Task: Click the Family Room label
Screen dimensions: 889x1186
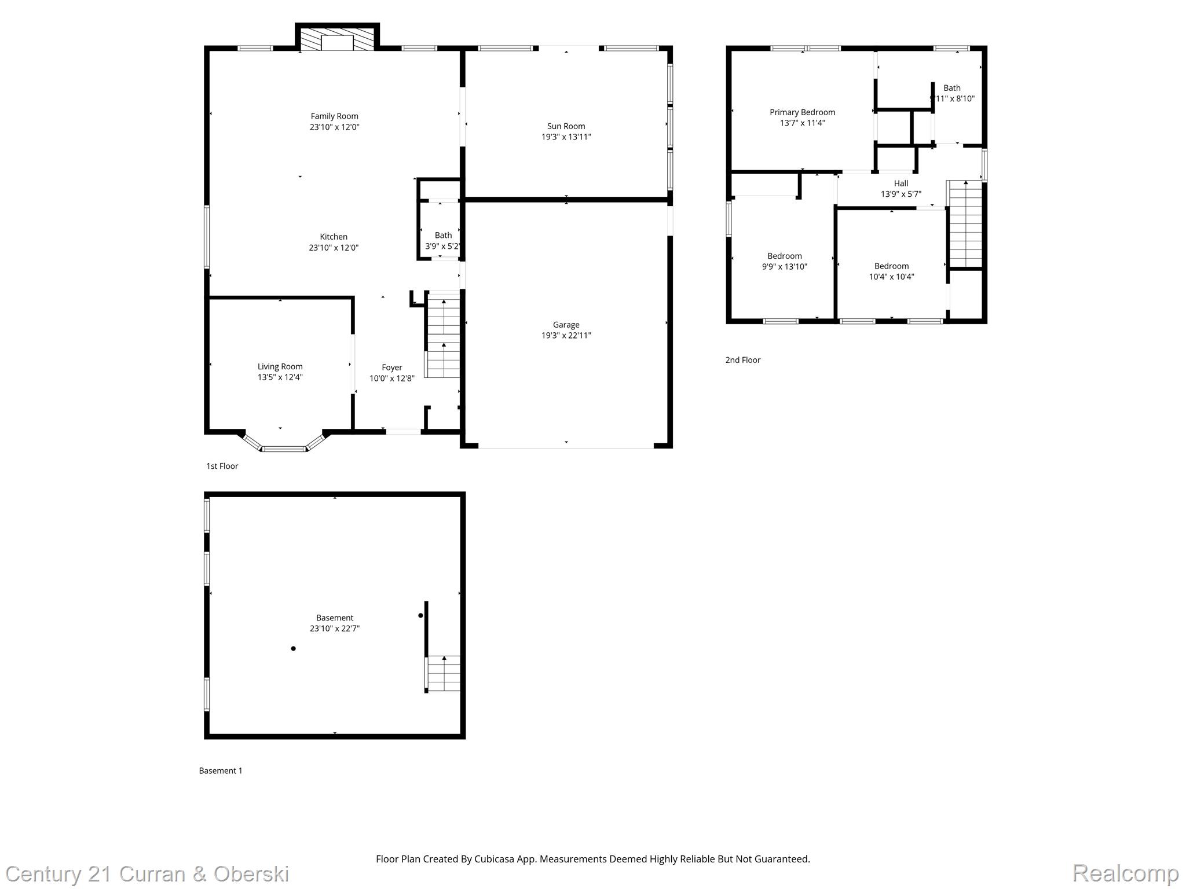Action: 334,116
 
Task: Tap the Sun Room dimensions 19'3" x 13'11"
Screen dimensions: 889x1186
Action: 566,137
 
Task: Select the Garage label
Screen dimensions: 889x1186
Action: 566,325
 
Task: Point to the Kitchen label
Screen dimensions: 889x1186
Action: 334,237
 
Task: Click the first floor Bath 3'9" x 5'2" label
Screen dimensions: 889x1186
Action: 443,236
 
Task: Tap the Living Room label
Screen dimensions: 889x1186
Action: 280,366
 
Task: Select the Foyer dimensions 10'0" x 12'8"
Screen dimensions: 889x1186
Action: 392,379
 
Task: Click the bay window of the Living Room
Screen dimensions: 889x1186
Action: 283,447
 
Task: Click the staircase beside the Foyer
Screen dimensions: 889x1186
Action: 443,336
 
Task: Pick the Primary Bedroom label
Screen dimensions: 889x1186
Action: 802,112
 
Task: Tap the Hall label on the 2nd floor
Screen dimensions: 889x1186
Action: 901,183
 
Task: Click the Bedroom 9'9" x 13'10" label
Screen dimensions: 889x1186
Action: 784,256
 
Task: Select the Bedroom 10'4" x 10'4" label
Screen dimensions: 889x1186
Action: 891,266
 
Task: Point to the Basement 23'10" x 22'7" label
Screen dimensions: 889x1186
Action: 334,618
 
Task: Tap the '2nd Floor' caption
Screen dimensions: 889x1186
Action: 742,360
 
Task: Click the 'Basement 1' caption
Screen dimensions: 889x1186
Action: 221,771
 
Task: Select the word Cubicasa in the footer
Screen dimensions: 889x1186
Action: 495,859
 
